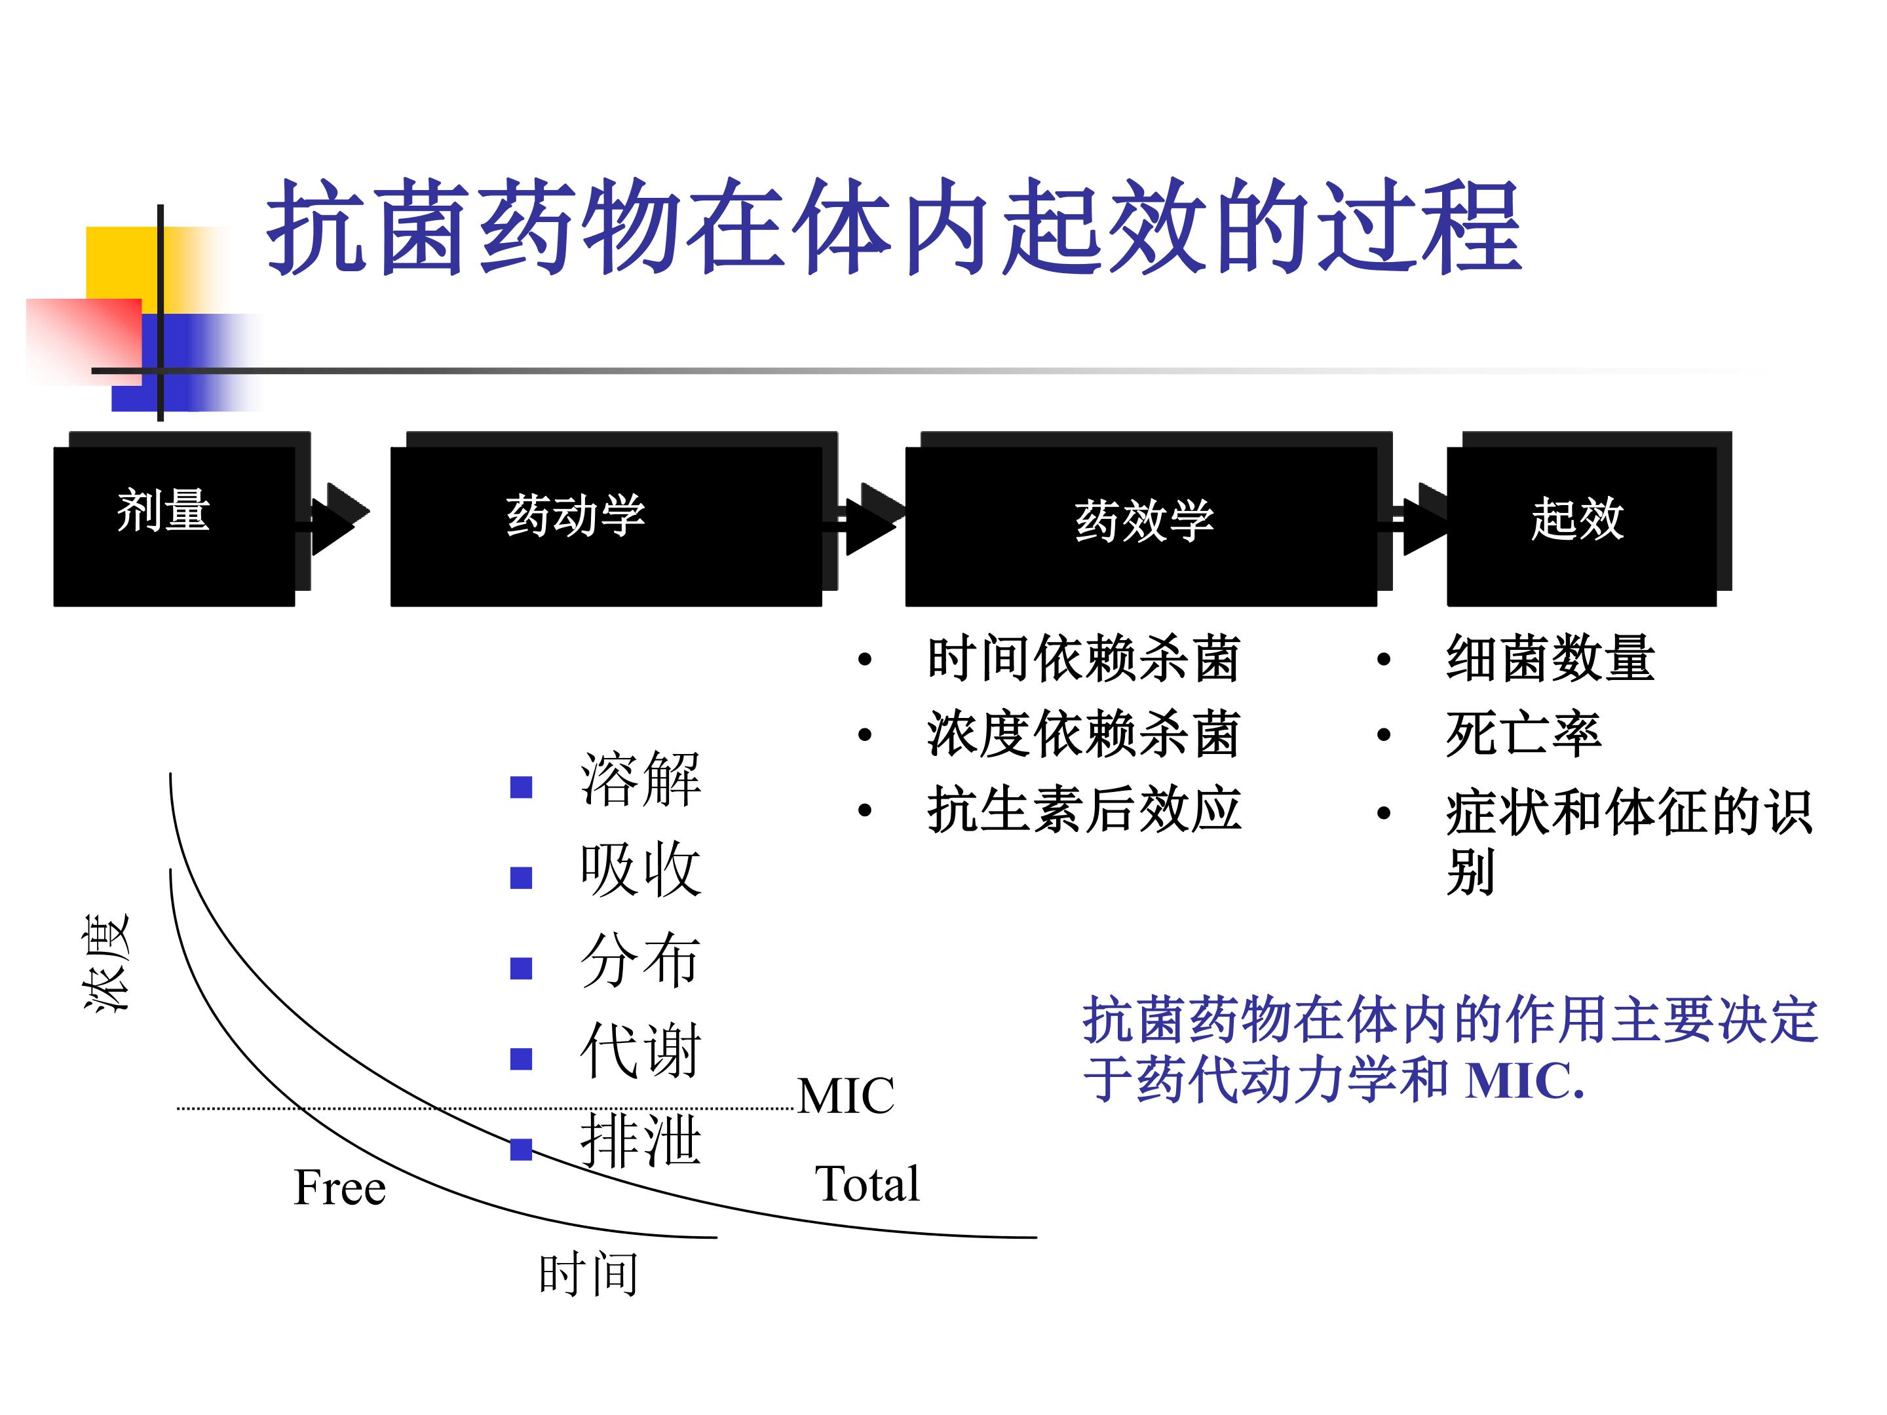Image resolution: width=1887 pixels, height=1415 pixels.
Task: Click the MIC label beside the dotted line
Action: point(845,1096)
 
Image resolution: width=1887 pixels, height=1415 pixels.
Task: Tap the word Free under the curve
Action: point(339,1187)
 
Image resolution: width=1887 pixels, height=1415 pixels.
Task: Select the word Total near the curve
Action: point(867,1183)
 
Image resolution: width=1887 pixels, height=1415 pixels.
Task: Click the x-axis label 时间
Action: point(588,1274)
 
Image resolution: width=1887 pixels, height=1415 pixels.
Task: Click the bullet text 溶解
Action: point(639,780)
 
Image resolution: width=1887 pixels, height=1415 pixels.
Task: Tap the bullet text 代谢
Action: point(639,1051)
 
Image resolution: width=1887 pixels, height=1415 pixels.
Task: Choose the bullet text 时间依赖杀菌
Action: point(1084,658)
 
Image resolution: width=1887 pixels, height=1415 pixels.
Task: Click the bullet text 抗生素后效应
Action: point(1084,808)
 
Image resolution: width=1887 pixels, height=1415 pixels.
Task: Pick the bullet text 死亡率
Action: point(1523,734)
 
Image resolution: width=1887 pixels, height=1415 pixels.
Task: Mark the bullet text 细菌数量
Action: point(1550,658)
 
